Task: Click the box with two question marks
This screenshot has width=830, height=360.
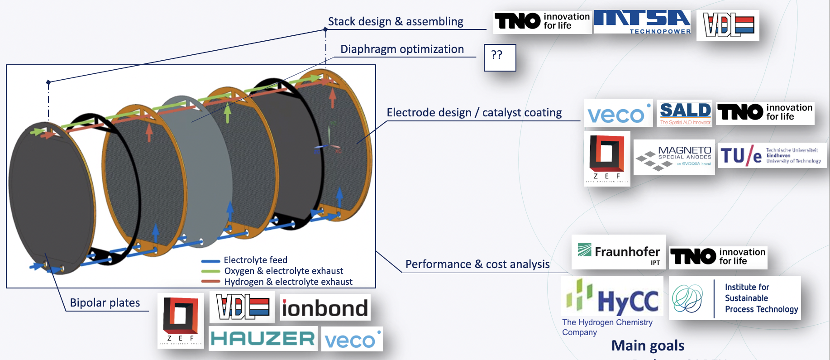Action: (500, 58)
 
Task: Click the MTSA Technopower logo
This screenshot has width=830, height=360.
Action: (642, 22)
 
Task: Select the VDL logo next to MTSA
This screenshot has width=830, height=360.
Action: (728, 25)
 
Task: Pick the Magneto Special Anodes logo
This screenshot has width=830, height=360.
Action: (674, 158)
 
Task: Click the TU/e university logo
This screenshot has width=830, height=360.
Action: (771, 155)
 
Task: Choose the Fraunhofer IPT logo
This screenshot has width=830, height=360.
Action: (618, 252)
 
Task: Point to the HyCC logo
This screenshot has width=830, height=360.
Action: (612, 297)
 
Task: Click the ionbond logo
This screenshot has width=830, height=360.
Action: (325, 308)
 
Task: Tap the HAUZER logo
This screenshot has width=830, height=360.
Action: (263, 339)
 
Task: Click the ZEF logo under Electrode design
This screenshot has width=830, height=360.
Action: (607, 158)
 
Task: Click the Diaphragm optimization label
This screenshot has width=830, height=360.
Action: (402, 49)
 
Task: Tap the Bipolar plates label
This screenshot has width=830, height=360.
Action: (105, 303)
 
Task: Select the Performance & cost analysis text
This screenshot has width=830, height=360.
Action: (477, 264)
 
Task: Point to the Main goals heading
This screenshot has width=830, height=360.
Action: (648, 346)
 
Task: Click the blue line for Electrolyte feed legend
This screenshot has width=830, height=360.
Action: (210, 261)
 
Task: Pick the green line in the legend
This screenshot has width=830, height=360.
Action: (210, 271)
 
